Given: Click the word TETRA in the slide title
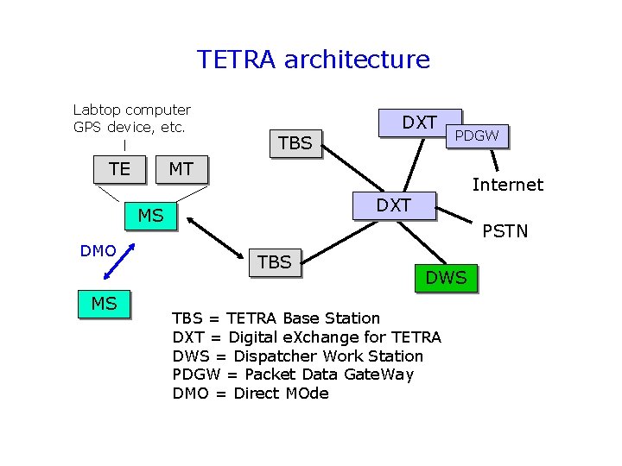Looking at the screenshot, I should [237, 60].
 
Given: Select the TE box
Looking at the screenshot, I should [120, 169].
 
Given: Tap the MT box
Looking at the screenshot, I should [181, 169].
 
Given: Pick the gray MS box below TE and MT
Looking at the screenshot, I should [150, 216].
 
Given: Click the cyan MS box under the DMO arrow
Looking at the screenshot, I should [104, 304].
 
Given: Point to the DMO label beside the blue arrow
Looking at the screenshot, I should [98, 251].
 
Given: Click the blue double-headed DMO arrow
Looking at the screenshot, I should [119, 261].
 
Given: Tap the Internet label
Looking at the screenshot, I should [507, 185].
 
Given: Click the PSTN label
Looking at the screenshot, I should [505, 231].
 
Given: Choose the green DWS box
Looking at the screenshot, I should [445, 277].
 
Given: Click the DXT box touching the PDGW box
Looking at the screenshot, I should [420, 123].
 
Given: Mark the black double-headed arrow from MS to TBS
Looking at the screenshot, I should [216, 236].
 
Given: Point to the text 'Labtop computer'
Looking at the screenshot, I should [132, 110].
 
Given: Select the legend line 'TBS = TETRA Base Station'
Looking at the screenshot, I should [276, 318].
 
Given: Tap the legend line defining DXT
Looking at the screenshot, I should [307, 337].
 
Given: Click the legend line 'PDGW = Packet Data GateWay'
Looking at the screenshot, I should [293, 375].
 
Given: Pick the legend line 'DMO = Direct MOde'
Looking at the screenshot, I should [251, 394].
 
